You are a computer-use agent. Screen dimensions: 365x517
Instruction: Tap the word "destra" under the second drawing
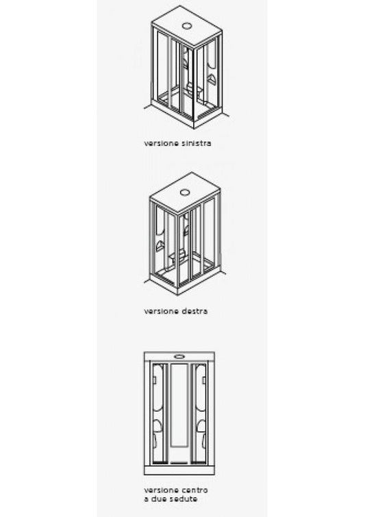tap(194, 311)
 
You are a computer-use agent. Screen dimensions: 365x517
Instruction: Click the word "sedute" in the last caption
tap(184, 499)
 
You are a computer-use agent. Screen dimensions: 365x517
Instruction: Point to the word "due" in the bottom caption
tap(158, 499)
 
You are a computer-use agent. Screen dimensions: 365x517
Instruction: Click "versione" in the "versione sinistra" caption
tap(158, 143)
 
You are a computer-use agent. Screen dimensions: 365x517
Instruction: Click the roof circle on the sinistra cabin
tap(187, 25)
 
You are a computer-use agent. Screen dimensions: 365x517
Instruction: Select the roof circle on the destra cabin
tap(185, 192)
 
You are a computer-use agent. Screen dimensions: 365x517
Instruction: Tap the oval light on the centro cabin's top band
tap(179, 357)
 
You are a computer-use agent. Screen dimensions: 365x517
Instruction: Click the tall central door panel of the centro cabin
tap(179, 405)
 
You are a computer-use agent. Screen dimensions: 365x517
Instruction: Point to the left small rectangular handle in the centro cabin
tap(155, 380)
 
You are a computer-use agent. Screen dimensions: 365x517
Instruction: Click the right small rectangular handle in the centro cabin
tap(204, 380)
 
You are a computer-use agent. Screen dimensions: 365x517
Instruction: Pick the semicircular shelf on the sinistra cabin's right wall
tap(212, 79)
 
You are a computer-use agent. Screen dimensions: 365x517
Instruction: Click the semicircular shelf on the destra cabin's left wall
tap(160, 246)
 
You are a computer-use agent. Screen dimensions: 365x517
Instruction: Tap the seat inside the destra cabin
tap(178, 255)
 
